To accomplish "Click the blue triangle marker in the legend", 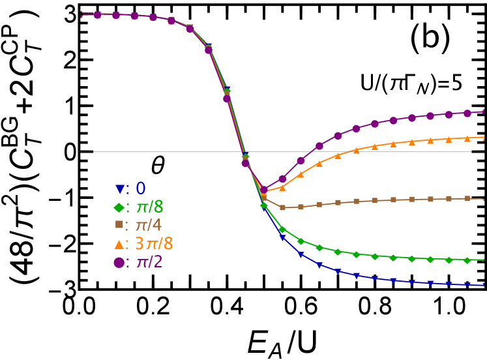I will tap(119, 189).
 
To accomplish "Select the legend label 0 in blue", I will tap(141, 189).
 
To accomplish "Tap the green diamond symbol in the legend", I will tap(119, 207).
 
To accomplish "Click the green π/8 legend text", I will tap(149, 207).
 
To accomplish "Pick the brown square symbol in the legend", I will tap(119, 225).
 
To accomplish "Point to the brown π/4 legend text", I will tap(149, 226).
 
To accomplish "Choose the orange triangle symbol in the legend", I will tap(119, 244).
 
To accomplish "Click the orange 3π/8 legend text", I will tap(154, 244).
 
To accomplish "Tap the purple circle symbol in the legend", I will tap(119, 262).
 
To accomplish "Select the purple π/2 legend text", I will tap(149, 262).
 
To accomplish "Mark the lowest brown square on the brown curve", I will tap(282, 208).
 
